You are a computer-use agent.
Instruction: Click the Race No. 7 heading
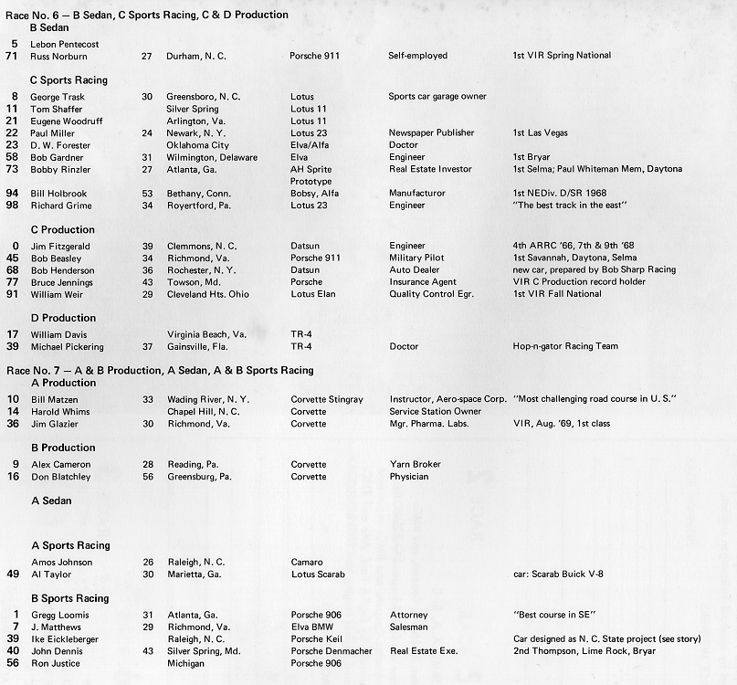click(x=160, y=370)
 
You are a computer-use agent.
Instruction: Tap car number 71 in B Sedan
click(x=12, y=56)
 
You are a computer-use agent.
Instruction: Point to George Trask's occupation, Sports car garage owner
click(x=437, y=97)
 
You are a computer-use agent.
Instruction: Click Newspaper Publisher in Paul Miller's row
click(x=431, y=132)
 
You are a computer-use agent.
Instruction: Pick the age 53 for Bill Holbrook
click(x=147, y=194)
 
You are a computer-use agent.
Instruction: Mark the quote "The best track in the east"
click(x=570, y=205)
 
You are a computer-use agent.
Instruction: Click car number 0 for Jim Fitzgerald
click(x=15, y=246)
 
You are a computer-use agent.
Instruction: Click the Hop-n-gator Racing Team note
click(x=565, y=347)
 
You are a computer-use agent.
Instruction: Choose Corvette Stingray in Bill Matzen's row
click(x=327, y=400)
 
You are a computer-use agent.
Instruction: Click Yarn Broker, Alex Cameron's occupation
click(x=415, y=465)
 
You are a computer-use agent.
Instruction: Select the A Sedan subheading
click(x=51, y=501)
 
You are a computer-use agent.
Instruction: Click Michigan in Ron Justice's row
click(x=186, y=663)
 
